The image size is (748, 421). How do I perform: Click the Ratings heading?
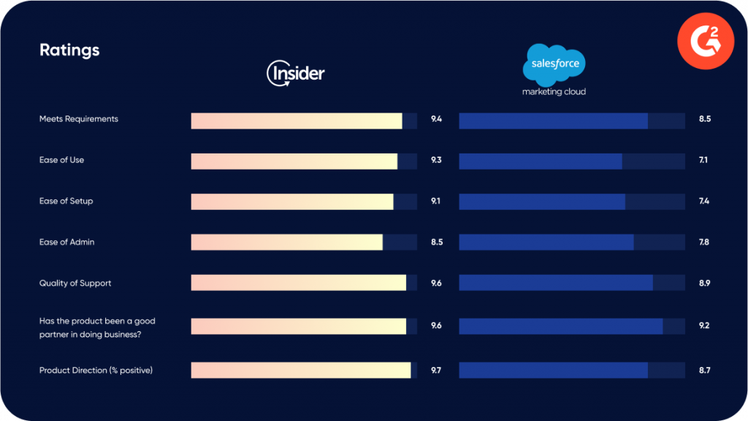(x=69, y=50)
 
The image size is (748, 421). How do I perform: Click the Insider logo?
(x=296, y=73)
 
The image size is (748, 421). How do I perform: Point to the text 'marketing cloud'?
(x=554, y=92)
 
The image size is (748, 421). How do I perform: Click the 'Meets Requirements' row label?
(x=78, y=119)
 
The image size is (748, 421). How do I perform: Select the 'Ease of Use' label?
(x=61, y=160)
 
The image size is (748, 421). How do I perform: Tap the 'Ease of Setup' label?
(x=66, y=201)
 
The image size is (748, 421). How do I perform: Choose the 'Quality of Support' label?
(x=75, y=283)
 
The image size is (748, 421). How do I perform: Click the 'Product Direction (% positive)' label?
(x=96, y=371)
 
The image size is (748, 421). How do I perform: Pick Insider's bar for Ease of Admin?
(x=287, y=242)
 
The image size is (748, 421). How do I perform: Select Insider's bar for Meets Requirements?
(x=297, y=121)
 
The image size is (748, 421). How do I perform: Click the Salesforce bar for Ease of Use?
(x=541, y=162)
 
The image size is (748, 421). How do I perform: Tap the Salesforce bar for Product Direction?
(x=553, y=371)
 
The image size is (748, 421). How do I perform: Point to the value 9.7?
(x=436, y=371)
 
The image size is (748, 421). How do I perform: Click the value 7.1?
(x=703, y=160)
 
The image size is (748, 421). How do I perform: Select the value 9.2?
(x=704, y=325)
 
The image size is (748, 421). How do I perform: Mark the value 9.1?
(x=436, y=201)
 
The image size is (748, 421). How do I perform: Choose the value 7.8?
(x=704, y=242)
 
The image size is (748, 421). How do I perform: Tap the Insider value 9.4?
(x=436, y=119)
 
